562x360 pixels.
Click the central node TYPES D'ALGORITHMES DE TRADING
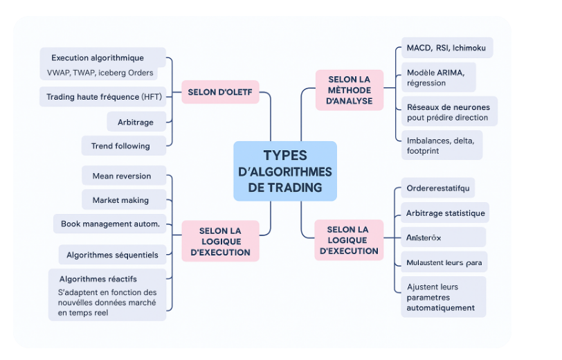pos(285,171)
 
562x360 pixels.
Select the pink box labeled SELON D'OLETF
pos(220,91)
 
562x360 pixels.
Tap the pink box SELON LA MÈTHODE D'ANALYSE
pos(350,90)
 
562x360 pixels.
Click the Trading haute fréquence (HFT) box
pos(104,97)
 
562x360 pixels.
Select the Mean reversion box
pos(122,176)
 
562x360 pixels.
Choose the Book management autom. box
pos(110,224)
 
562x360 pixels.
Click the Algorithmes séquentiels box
pos(112,255)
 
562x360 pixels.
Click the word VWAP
pos(58,73)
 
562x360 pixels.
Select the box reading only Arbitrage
pos(136,123)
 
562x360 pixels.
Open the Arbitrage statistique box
pos(446,213)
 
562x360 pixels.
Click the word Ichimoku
pos(470,48)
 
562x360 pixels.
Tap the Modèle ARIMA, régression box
pos(440,78)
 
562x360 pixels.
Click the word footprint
pos(423,151)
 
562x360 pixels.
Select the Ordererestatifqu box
pos(438,188)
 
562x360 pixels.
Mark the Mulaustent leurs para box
pos(444,262)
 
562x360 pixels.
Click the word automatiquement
pos(441,307)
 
